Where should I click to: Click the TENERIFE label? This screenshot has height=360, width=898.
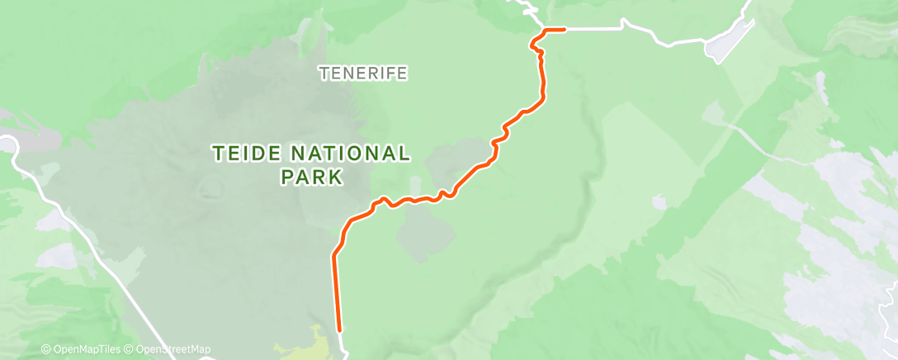(363, 73)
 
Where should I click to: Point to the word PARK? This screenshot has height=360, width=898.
(311, 177)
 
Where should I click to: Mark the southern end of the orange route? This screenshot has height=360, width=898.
(339, 328)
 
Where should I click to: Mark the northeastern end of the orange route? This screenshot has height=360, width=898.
(564, 30)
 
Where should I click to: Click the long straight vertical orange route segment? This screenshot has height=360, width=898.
(336, 289)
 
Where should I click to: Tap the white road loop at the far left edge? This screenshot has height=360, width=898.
(10, 145)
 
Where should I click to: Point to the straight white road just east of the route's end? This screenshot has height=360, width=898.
(594, 29)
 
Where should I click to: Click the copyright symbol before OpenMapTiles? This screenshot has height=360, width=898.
(45, 350)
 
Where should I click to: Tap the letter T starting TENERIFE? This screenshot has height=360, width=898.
(324, 73)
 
